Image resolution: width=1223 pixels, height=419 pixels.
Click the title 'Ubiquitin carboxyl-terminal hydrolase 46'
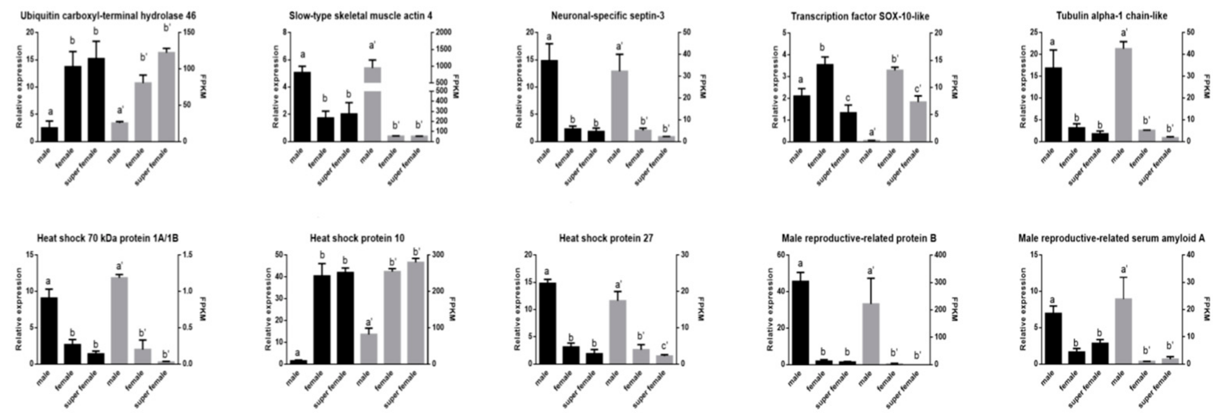(108, 16)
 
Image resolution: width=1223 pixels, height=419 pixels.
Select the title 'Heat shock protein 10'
(357, 238)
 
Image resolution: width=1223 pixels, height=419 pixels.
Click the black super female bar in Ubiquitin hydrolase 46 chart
(96, 100)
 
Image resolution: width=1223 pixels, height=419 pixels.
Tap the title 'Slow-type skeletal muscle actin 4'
(360, 16)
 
